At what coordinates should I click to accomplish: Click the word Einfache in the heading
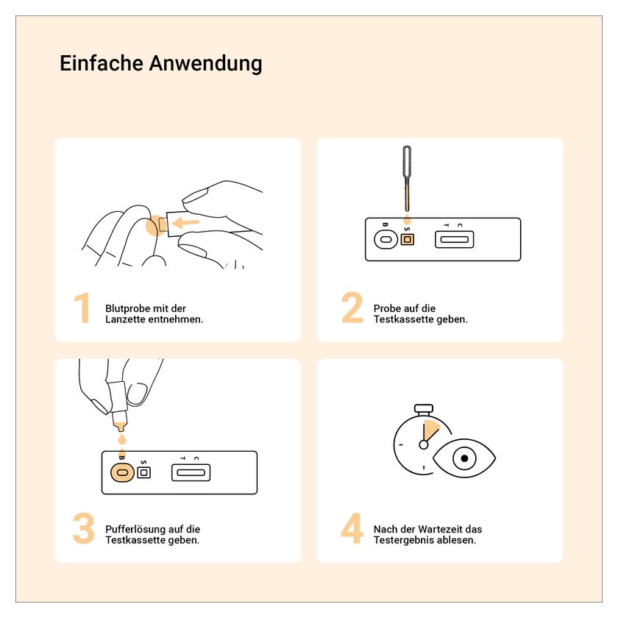pos(101,63)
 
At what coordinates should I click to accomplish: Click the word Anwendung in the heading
pos(205,64)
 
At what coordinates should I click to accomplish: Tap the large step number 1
pos(82,308)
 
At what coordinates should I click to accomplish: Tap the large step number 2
pos(352,308)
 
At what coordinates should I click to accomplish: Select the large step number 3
pos(84,528)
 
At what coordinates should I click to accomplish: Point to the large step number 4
pos(352,528)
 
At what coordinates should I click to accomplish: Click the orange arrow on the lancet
pos(185,223)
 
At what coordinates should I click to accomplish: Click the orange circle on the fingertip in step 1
pos(154,226)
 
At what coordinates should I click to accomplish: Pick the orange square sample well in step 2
pos(407,239)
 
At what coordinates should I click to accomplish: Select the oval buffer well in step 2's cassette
pos(386,239)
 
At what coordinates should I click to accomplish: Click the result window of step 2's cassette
pos(454,239)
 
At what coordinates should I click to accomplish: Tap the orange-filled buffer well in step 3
pos(122,472)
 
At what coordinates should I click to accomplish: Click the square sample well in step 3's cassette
pos(144,472)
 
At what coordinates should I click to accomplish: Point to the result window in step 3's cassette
pos(191,472)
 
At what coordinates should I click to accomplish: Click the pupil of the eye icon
pos(464,458)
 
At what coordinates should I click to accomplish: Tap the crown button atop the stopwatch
pos(423,408)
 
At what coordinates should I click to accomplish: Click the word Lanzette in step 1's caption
pos(125,319)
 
